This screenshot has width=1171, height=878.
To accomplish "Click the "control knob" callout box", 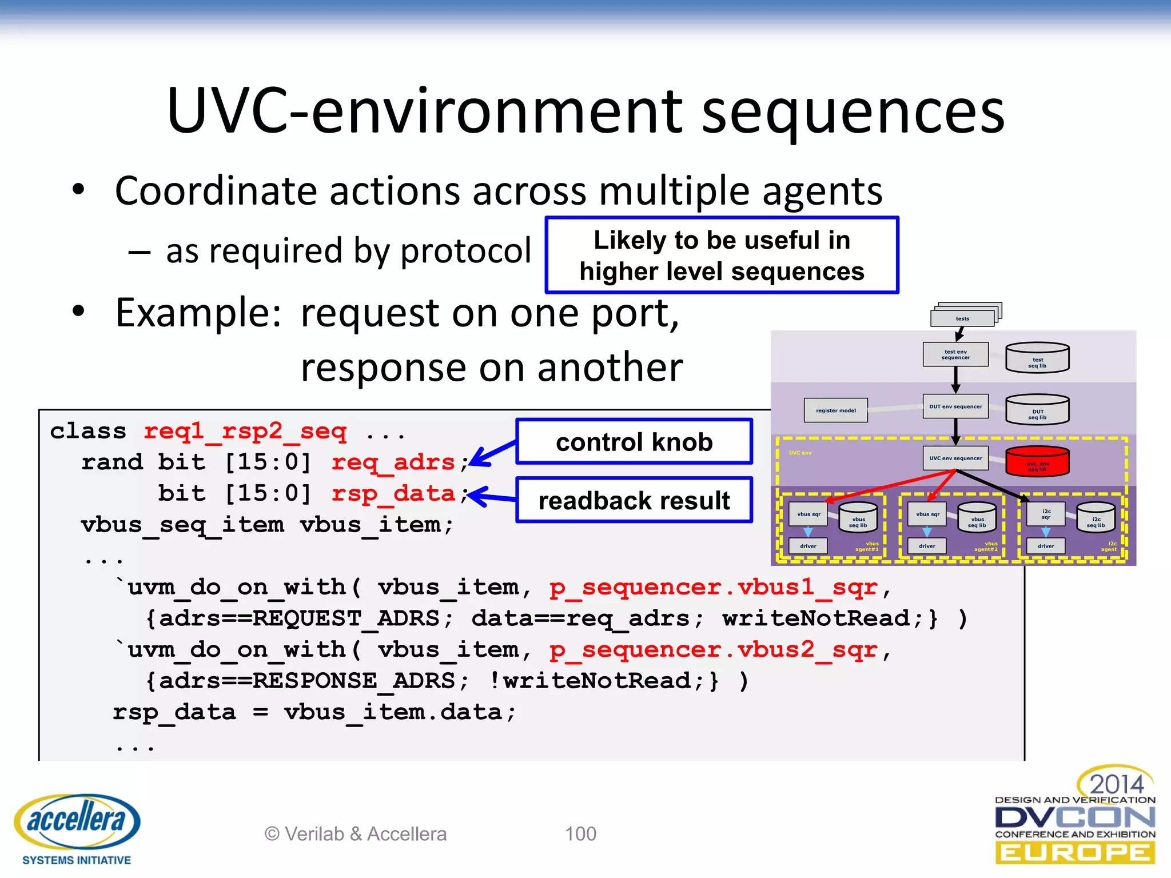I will pyautogui.click(x=634, y=442).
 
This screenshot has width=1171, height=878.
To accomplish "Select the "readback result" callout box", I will pyautogui.click(x=634, y=500).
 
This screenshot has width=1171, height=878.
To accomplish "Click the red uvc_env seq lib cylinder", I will pyautogui.click(x=1037, y=462).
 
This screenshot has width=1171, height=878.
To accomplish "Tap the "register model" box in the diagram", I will pyautogui.click(x=835, y=410).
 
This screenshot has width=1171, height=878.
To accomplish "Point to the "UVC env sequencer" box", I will pyautogui.click(x=955, y=458).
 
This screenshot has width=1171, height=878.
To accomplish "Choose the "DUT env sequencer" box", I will pyautogui.click(x=955, y=406).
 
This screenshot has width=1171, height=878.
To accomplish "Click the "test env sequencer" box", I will pyautogui.click(x=955, y=354).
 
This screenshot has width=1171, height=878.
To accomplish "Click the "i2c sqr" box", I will pyautogui.click(x=1046, y=514).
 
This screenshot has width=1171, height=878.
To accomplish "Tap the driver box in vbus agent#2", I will pyautogui.click(x=927, y=546).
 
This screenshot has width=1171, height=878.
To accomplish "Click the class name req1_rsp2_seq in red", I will pyautogui.click(x=245, y=431).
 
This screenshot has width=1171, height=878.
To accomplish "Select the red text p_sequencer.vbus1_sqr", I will pyautogui.click(x=713, y=587).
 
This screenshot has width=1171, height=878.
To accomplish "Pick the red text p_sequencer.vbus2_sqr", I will pyautogui.click(x=713, y=649).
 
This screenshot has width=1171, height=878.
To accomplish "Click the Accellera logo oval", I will pyautogui.click(x=77, y=821).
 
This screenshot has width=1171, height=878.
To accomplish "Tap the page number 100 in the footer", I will pyautogui.click(x=580, y=834).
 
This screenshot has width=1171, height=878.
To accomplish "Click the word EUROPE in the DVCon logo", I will pyautogui.click(x=1075, y=853).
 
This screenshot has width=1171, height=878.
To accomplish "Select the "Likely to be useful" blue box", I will pyautogui.click(x=722, y=256).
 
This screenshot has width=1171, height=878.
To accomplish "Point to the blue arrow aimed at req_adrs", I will pyautogui.click(x=492, y=453).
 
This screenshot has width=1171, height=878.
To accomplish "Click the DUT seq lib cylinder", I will pyautogui.click(x=1037, y=410).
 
